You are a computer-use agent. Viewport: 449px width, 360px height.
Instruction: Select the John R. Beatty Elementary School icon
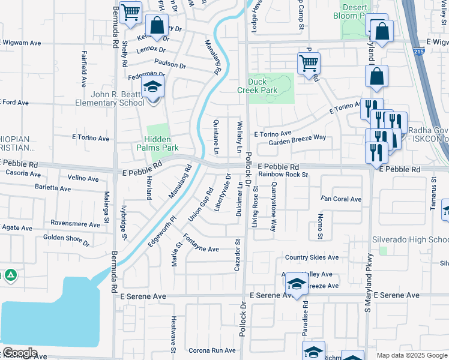point(152,88)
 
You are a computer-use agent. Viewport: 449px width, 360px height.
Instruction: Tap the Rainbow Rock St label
point(283,175)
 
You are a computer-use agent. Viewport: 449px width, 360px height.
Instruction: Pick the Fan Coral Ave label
point(341,199)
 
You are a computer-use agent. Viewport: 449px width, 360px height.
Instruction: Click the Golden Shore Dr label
point(66,241)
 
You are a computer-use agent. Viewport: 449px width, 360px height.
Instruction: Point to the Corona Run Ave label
point(212,350)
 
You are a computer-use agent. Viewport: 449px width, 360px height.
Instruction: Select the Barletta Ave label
point(53,188)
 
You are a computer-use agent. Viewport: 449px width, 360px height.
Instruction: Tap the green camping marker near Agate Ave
point(10,276)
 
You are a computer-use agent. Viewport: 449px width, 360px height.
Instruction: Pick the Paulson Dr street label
point(170,63)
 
